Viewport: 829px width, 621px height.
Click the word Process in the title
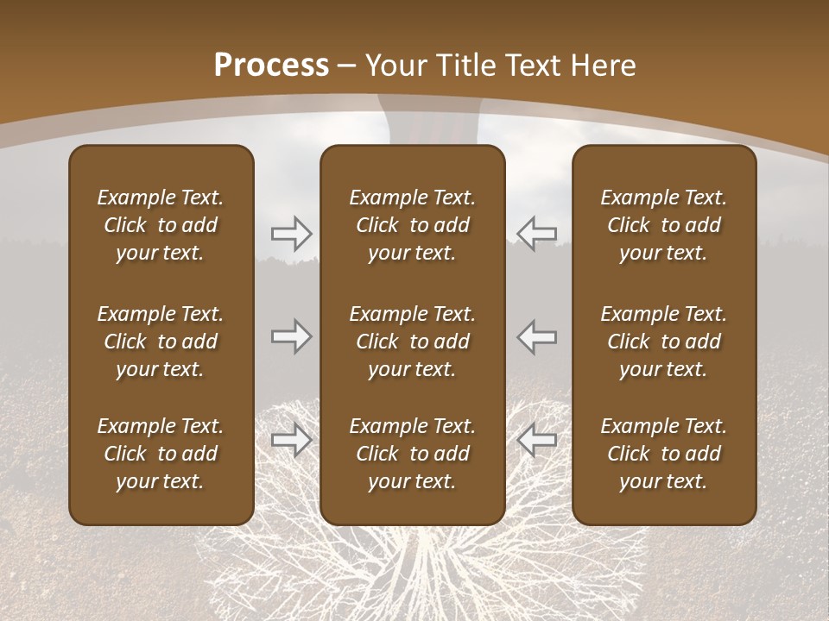(271, 66)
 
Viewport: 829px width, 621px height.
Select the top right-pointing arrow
(291, 233)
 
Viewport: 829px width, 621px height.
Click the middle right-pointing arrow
(291, 336)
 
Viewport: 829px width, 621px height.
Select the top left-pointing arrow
(536, 233)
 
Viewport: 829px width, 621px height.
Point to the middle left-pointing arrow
(536, 336)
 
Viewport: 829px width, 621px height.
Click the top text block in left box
(161, 225)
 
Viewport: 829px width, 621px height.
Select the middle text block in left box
(161, 342)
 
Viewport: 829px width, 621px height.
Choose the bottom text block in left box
(161, 454)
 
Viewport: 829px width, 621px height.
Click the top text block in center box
(412, 225)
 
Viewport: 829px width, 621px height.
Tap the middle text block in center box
(412, 342)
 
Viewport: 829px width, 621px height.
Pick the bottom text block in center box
(412, 454)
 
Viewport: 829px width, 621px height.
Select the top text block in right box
(663, 225)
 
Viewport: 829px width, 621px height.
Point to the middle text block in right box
(663, 342)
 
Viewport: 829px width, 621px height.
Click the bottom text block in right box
(663, 454)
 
